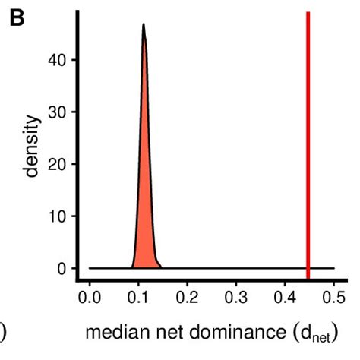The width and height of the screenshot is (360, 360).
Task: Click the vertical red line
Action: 308,144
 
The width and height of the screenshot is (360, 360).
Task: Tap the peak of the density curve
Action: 143,25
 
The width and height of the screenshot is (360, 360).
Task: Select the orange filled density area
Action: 144,190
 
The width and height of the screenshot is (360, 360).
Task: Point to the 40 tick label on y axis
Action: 55,59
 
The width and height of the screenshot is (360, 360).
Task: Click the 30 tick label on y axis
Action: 55,112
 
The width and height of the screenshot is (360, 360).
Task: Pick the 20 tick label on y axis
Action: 55,164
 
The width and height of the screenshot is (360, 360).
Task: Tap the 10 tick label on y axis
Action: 55,216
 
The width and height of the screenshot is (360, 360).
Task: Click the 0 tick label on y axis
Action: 60,269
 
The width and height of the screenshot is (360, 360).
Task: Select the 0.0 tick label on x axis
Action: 90,297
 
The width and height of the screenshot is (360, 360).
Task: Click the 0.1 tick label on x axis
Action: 138,297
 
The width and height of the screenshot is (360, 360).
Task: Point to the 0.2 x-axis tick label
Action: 188,297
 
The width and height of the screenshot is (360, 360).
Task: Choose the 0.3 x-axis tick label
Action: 236,297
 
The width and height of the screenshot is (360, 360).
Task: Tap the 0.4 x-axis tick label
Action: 286,297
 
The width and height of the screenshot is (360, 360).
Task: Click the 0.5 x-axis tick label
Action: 333,297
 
